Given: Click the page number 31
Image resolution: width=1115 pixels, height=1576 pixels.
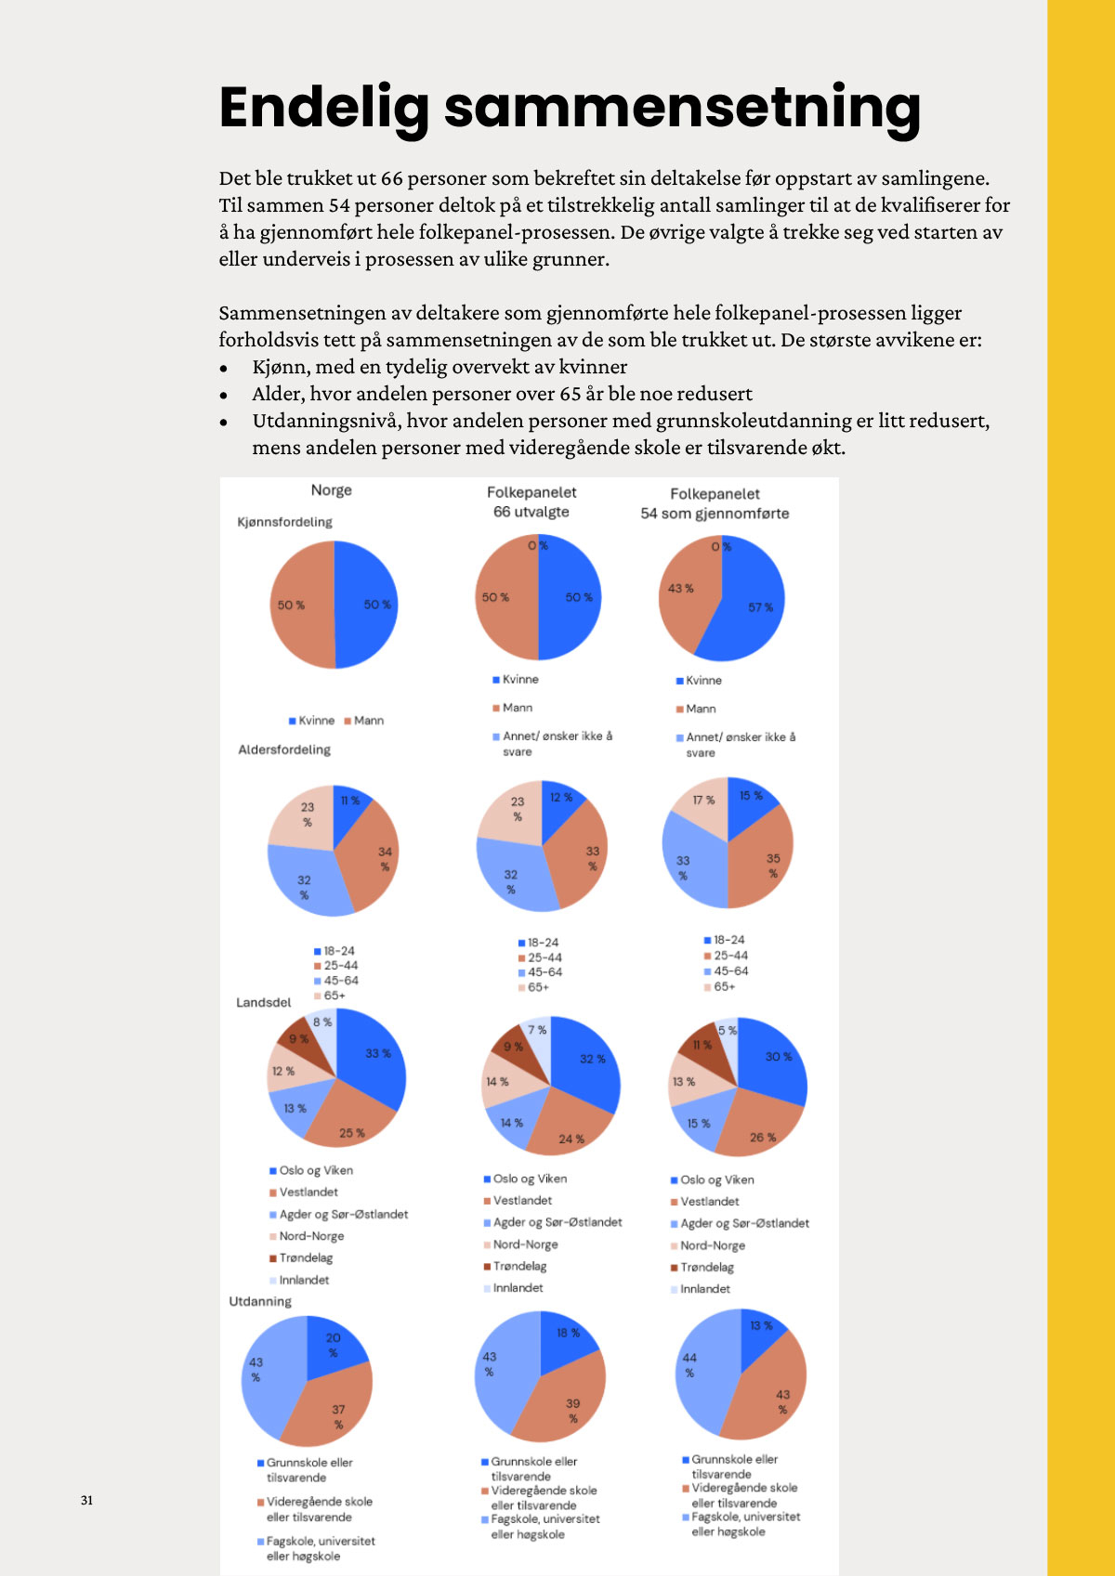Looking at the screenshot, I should [86, 1500].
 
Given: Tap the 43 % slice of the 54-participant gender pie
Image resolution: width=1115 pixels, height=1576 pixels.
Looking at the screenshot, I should [683, 594].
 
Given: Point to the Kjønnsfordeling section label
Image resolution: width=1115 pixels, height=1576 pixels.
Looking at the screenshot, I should [284, 522].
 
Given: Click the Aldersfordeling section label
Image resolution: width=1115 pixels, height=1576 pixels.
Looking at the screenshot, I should [284, 749].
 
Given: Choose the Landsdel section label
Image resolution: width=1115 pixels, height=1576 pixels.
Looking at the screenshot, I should [263, 1002].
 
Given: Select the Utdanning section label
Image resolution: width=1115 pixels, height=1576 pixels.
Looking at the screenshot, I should [260, 1301].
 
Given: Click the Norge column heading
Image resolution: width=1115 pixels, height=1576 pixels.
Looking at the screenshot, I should [331, 489].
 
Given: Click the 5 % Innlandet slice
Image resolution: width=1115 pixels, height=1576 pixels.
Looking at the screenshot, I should [728, 1030].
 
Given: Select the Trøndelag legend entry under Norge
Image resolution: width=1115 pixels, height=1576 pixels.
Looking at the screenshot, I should [306, 1258].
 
